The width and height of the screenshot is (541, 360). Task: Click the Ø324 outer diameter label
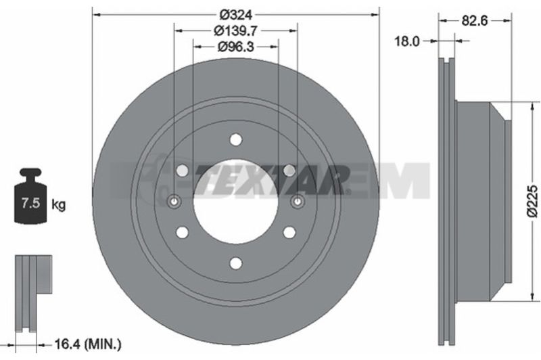coord(236,14)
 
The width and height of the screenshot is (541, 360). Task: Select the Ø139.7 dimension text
coord(235,30)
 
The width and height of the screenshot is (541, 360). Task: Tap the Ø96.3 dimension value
coord(235,46)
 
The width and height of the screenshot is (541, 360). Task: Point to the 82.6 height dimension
coord(475,21)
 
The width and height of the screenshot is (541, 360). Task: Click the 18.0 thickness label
coord(407,41)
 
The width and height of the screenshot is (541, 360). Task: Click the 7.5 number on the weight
coord(30,202)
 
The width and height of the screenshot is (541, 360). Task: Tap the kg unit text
coord(58,204)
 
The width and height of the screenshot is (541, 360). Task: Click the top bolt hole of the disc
coord(236,140)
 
